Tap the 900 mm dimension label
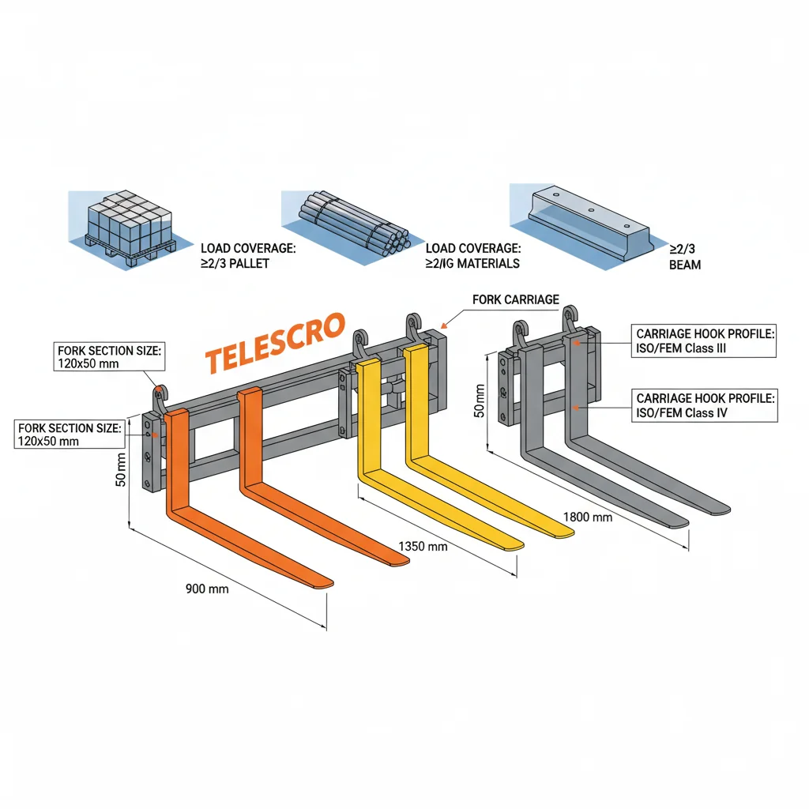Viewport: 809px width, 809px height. (207, 589)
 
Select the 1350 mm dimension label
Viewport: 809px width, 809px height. (423, 546)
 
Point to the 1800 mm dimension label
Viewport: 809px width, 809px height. (588, 517)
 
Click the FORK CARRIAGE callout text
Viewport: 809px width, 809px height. (515, 300)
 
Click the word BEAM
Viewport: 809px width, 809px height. (684, 265)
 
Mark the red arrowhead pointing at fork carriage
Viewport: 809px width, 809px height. (445, 324)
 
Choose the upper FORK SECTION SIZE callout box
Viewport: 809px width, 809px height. (110, 357)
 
